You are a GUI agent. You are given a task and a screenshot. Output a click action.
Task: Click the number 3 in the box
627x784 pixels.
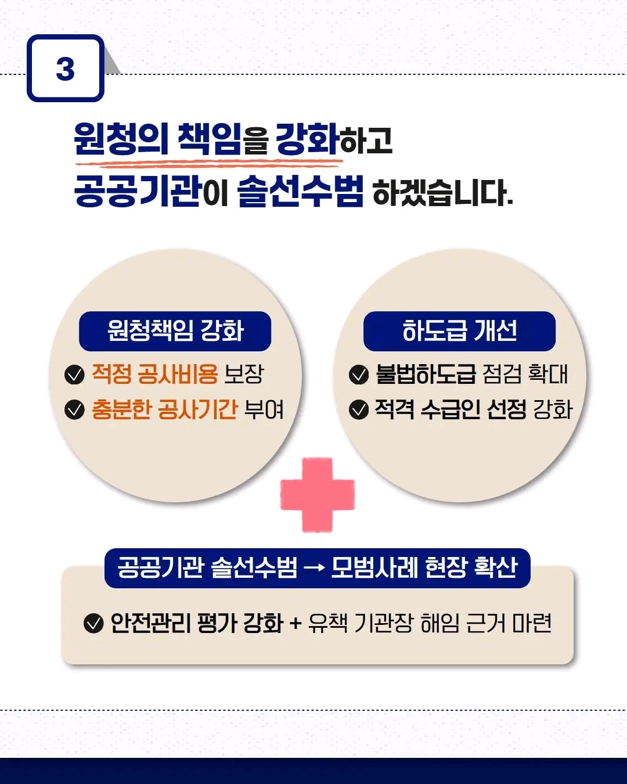pyautogui.click(x=65, y=69)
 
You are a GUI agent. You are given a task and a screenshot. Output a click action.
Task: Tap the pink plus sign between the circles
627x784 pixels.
pyautogui.click(x=317, y=495)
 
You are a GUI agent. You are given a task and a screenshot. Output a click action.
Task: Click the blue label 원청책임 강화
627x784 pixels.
pyautogui.click(x=175, y=331)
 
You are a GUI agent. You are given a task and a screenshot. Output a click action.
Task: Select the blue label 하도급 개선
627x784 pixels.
pyautogui.click(x=459, y=331)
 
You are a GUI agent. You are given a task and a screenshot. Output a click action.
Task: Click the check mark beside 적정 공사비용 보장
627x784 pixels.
pyautogui.click(x=74, y=375)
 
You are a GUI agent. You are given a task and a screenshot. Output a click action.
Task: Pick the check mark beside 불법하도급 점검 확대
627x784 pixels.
pyautogui.click(x=359, y=375)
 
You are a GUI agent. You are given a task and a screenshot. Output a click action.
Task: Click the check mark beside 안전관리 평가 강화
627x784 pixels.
pyautogui.click(x=93, y=623)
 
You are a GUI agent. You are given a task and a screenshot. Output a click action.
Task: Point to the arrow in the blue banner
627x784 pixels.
pyautogui.click(x=314, y=568)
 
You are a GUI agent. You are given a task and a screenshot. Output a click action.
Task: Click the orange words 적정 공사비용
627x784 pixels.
pyautogui.click(x=154, y=374)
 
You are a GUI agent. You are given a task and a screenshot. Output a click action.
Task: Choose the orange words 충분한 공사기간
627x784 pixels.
pyautogui.click(x=164, y=409)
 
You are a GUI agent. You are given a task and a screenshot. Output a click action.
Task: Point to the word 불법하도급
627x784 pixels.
pyautogui.click(x=426, y=374)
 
